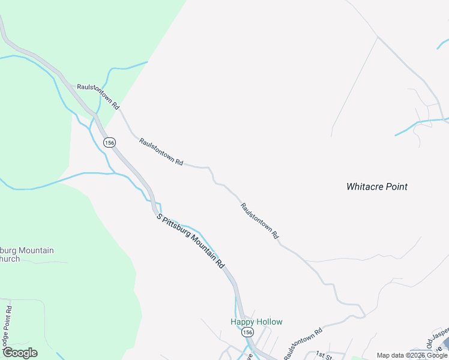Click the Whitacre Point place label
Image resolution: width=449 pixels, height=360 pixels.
(377, 187)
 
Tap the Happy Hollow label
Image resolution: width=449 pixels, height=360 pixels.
(256, 322)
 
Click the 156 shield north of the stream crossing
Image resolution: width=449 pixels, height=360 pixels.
(109, 143)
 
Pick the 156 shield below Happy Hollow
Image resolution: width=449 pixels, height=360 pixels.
(248, 332)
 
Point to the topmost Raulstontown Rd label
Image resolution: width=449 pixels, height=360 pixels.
(98, 96)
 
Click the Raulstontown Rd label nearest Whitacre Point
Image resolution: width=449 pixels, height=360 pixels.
(260, 221)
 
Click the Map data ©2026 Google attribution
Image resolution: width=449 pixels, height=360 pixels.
(411, 355)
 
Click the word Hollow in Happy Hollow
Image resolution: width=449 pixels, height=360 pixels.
(269, 322)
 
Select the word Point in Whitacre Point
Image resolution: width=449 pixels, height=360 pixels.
(396, 187)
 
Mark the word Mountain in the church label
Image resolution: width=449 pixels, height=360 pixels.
(35, 250)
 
